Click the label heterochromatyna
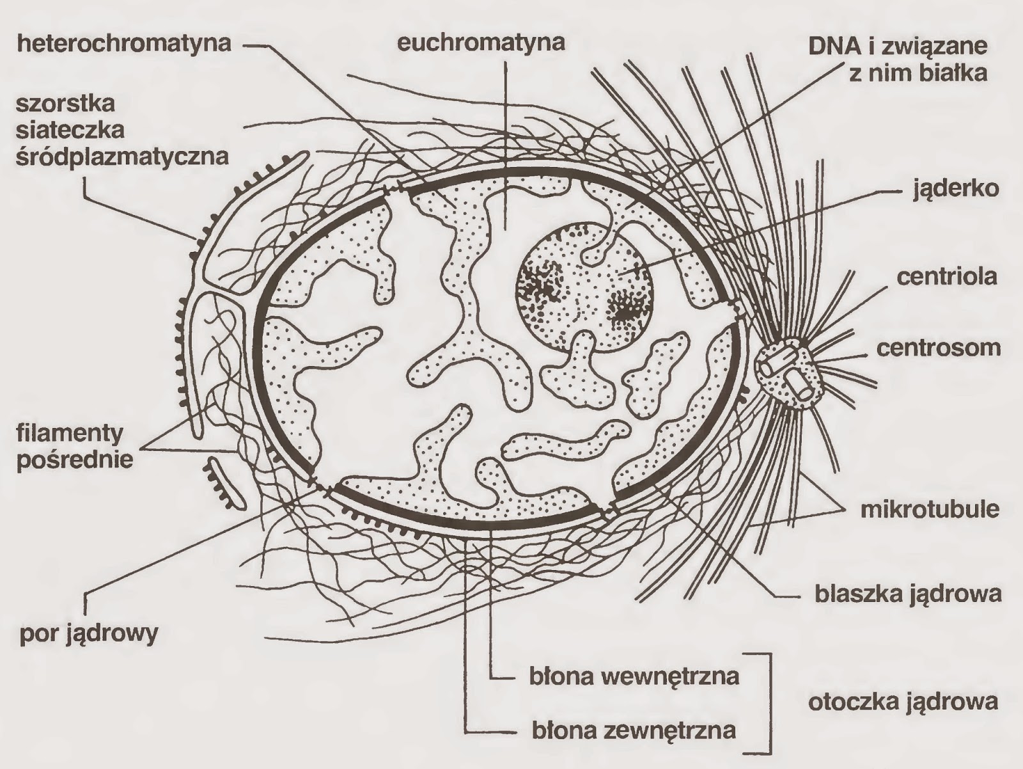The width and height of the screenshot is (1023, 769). coord(125,44)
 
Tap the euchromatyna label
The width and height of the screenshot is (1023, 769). coord(481,43)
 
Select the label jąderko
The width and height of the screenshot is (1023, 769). coord(956,189)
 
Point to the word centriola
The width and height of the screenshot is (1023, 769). coord(947,277)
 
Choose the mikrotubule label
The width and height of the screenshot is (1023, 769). coord(930,509)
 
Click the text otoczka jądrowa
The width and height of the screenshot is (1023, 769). coord(903,702)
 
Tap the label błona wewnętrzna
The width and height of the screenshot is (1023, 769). coord(634,676)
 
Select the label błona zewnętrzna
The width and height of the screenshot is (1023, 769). coord(633,729)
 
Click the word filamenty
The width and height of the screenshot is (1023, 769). coord(70,434)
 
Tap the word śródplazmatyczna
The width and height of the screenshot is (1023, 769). coord(123,156)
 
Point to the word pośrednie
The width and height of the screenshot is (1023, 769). coord(74,460)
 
